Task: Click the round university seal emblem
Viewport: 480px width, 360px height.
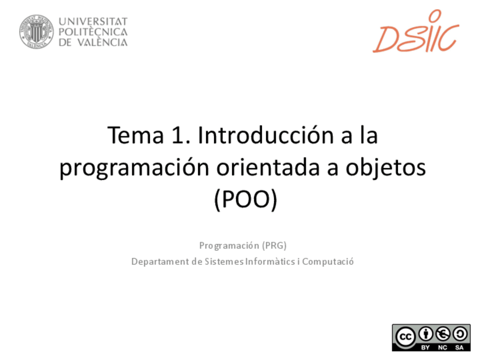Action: pos(36,31)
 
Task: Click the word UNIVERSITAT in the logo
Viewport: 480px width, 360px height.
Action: pos(93,22)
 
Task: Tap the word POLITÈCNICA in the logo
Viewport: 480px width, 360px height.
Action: pos(93,32)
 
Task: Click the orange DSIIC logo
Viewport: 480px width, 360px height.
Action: pos(415,38)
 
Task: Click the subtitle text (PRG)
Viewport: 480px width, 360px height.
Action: pos(273,246)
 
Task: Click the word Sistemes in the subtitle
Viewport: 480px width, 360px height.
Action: pos(225,262)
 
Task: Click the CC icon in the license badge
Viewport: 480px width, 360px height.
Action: pos(405,335)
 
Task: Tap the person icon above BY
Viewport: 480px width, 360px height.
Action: pos(426,333)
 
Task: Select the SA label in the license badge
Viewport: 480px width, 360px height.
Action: pos(459,347)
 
